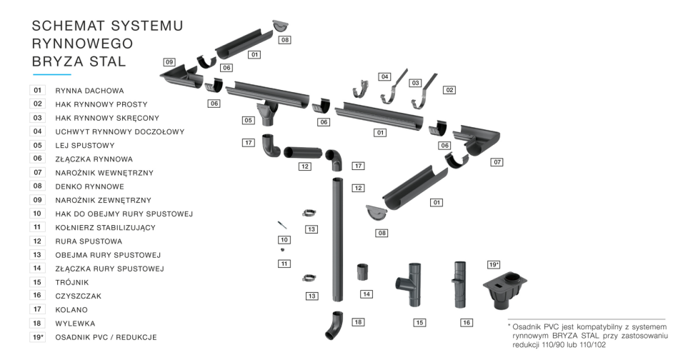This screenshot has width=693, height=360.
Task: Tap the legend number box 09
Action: tap(38, 200)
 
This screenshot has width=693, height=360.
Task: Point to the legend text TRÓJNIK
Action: tap(72, 282)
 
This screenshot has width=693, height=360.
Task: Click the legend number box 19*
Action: tap(38, 337)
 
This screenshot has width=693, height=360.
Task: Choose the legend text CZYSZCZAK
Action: tap(79, 296)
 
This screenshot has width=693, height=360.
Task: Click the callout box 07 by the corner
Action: tap(498, 162)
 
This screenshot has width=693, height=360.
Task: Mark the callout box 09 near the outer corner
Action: tap(169, 62)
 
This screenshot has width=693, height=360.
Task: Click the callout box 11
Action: tap(284, 264)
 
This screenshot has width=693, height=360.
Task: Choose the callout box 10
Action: tap(284, 239)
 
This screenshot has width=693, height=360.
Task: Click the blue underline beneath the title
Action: tap(52, 74)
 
